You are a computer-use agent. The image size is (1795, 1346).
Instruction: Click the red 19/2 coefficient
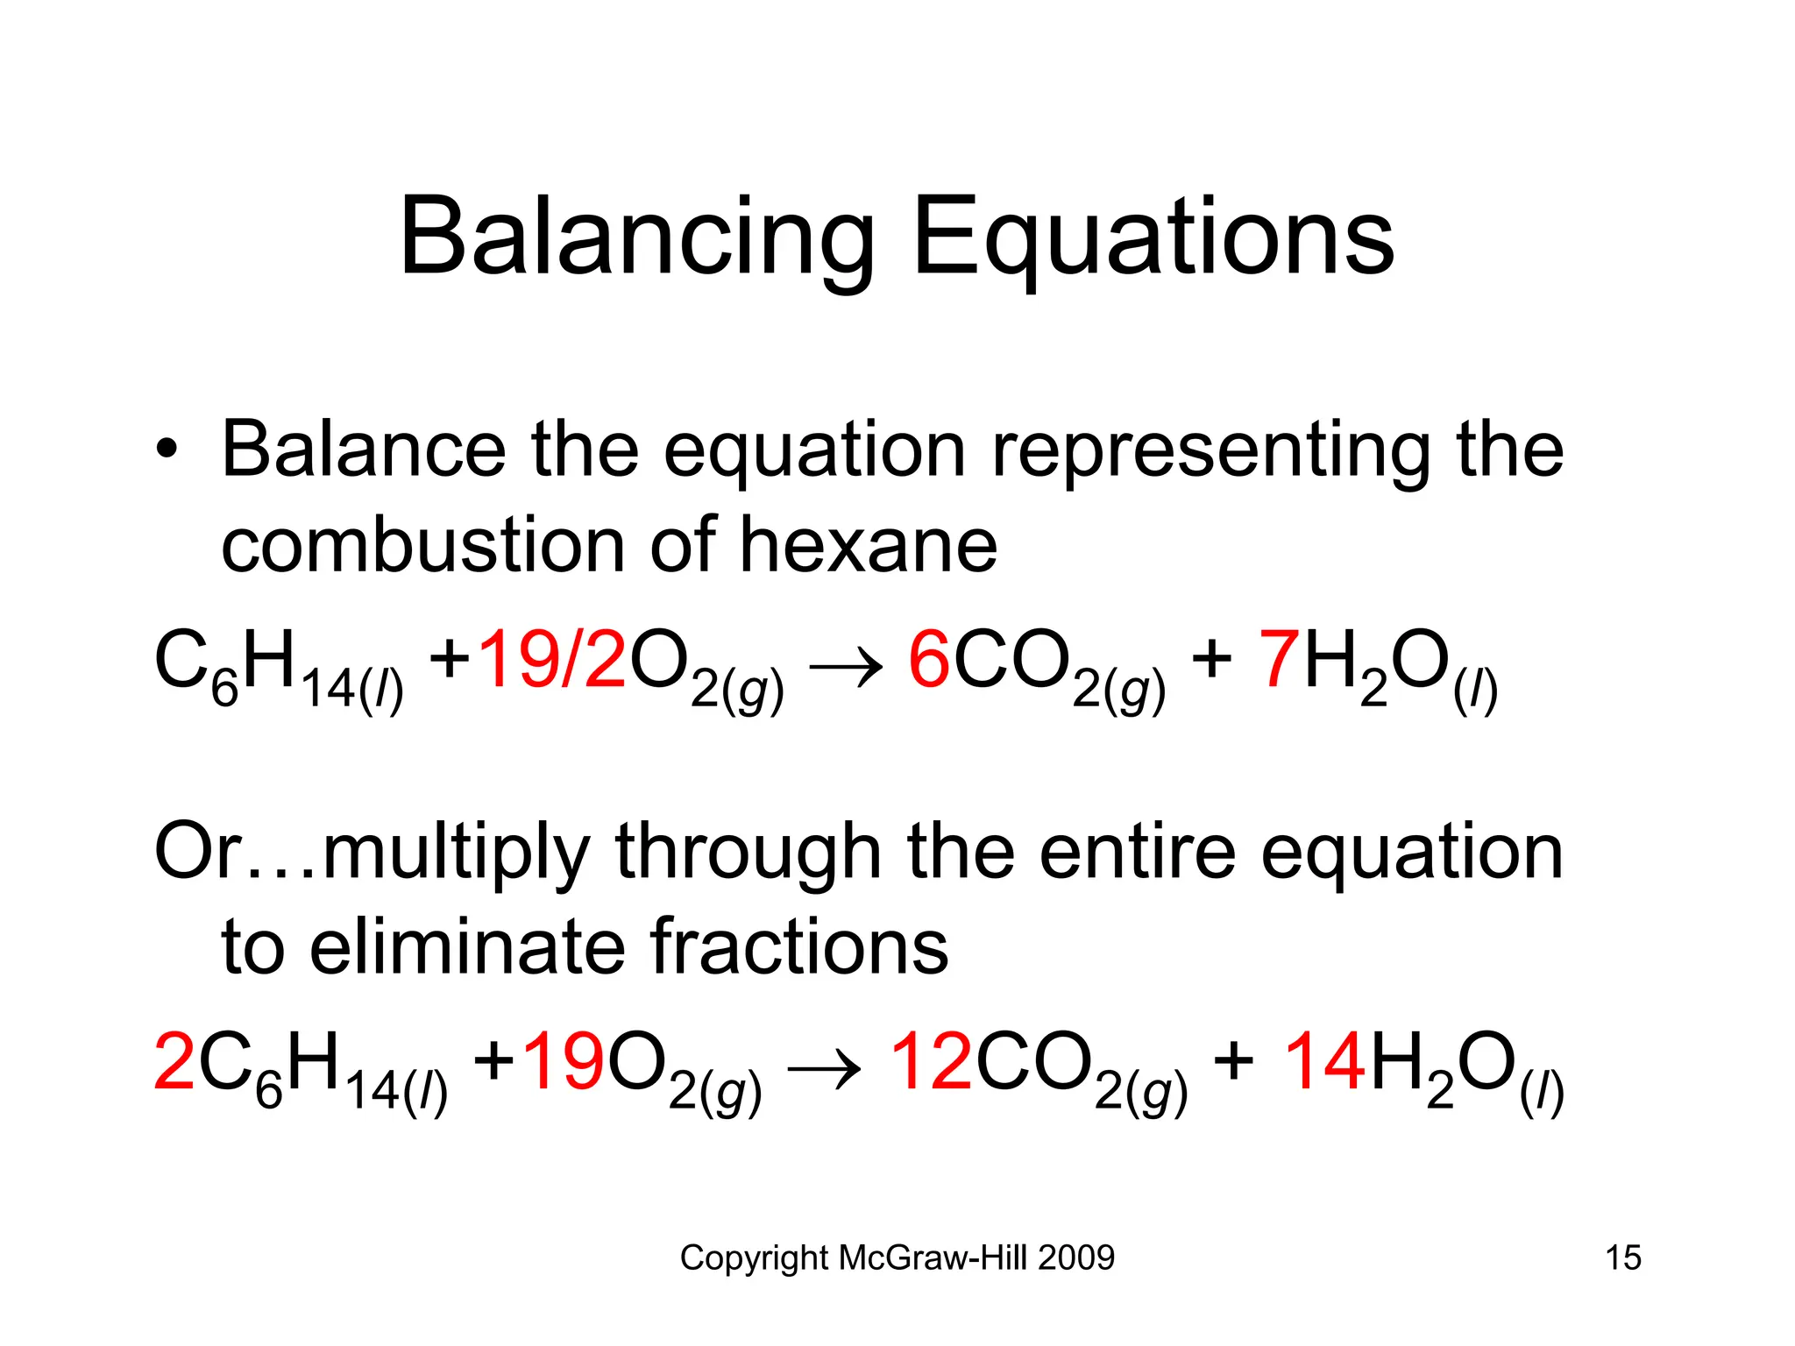click(552, 660)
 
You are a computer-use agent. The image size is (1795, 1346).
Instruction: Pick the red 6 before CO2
click(929, 660)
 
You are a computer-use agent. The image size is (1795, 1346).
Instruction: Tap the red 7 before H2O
click(1279, 660)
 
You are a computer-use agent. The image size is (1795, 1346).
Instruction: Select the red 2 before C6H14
click(174, 1062)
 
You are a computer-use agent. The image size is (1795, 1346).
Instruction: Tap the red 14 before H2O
click(1324, 1062)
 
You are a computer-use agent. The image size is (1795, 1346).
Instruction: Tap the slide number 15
click(1622, 1258)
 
